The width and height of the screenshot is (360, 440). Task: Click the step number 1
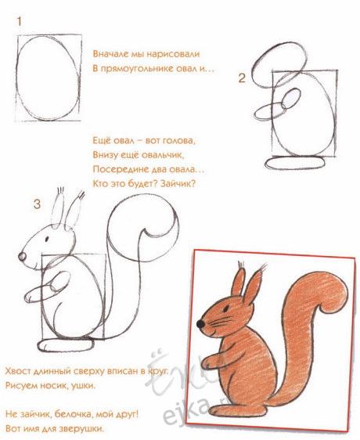(x=19, y=21)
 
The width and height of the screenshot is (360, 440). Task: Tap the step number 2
(x=242, y=78)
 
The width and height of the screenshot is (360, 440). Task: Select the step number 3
(x=37, y=204)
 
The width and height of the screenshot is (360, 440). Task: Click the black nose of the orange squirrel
(x=200, y=324)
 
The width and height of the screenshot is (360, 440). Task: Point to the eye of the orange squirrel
(x=226, y=309)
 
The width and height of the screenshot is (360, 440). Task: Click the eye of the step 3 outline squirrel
(x=47, y=239)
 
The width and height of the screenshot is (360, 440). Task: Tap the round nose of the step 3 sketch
(x=22, y=257)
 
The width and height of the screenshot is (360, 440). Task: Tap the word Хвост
(x=18, y=371)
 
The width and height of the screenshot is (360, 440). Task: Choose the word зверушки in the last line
(x=85, y=429)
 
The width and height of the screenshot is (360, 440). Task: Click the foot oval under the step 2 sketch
(x=295, y=163)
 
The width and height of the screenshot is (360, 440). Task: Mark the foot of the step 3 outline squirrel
(x=66, y=345)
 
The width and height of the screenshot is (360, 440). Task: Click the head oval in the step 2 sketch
(x=279, y=65)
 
